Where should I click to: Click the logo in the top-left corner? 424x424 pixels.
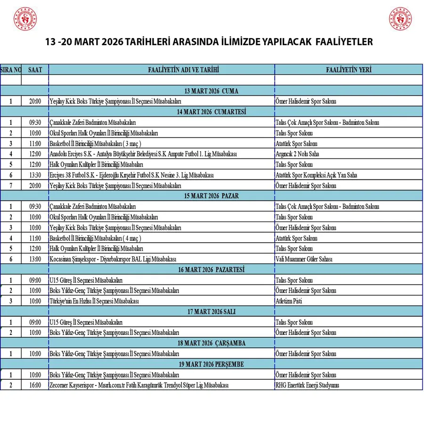[x=25, y=19]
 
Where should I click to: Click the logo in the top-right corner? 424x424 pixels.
[x=400, y=19]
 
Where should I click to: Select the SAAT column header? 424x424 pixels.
[x=35, y=70]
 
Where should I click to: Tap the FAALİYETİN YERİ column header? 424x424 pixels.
[x=349, y=70]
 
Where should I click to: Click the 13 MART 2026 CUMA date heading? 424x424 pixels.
[x=212, y=91]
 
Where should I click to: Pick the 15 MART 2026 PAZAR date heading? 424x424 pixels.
[x=212, y=196]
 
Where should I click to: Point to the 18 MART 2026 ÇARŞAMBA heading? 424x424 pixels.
[x=212, y=343]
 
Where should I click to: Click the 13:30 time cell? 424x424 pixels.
[x=35, y=175]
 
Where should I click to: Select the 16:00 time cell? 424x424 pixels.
[x=35, y=385]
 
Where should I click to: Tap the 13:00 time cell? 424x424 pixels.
[x=35, y=259]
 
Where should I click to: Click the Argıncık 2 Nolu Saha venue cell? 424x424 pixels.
[x=297, y=154]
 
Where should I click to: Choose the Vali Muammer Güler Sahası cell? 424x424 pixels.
[x=304, y=259]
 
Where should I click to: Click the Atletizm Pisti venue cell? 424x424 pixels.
[x=289, y=301]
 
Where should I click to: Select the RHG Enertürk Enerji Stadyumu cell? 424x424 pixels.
[x=307, y=385]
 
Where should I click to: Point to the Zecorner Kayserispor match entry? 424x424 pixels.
[x=139, y=385]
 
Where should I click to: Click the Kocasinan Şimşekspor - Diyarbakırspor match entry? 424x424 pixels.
[x=113, y=259]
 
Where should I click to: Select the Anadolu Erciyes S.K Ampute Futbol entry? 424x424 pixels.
[x=143, y=154]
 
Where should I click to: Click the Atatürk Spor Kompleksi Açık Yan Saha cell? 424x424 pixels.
[x=316, y=175]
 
